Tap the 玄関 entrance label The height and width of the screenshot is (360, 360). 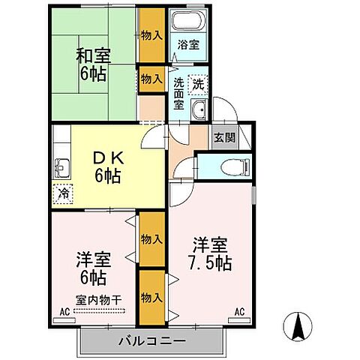coord(223,138)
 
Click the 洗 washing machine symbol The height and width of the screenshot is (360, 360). coord(199,85)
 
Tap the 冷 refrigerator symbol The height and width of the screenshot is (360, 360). coord(64,193)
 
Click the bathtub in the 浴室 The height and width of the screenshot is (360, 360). coord(187,20)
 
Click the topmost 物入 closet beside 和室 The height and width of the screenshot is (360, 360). coord(151,35)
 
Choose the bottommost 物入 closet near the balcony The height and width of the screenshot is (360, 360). coord(151,298)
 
